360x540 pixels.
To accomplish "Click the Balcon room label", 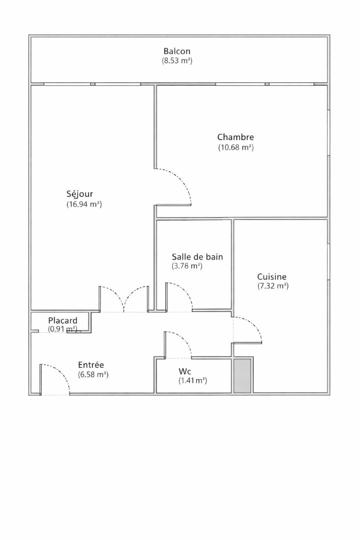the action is pos(176,51).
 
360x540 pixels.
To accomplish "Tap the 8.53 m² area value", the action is pos(177,61).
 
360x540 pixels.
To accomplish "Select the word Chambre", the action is pos(235,137).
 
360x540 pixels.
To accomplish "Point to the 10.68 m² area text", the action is pos(236,147).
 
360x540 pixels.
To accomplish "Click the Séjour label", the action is pos(79,194).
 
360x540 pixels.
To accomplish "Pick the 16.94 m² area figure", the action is pos(84,204).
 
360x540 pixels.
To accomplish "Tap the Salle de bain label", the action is pos(197,257).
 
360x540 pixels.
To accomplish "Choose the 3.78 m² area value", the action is pos(187,266).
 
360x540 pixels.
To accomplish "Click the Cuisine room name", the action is pos(272,277).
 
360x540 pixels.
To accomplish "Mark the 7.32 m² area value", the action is pos(273,286).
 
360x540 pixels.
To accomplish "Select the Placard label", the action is pos(62,321).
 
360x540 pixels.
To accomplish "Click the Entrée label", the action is pos(91,365).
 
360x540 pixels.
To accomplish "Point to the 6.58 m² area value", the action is pos(93,374).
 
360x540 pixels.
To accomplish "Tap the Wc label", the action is pos(184,371).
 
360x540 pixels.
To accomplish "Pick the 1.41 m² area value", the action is pos(192,381).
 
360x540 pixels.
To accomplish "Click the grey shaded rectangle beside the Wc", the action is pos(242,376).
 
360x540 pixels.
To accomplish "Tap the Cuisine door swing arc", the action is pos(253,324).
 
